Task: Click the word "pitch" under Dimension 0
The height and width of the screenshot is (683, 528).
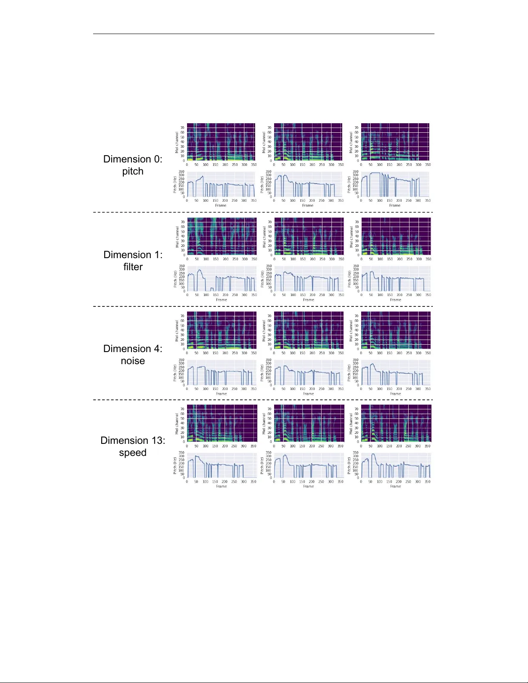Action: [133, 172]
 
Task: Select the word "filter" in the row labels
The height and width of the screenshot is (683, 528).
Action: [133, 267]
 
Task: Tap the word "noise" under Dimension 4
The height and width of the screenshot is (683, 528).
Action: [133, 361]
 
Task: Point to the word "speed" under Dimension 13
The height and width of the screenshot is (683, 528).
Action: [133, 453]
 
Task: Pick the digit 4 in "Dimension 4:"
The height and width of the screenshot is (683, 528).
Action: [156, 349]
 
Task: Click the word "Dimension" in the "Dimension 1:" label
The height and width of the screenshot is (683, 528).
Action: [127, 255]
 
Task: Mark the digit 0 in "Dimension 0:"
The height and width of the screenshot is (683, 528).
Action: [156, 159]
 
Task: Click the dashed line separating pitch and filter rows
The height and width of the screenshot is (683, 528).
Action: [263, 212]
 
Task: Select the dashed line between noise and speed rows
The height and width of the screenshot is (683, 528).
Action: [263, 400]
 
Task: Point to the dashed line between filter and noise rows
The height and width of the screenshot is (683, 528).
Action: [263, 306]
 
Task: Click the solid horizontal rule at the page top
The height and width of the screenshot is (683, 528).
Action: [263, 34]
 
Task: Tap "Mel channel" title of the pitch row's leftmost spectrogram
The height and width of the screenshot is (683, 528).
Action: [177, 143]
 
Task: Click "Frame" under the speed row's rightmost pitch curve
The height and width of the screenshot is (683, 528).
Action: [395, 487]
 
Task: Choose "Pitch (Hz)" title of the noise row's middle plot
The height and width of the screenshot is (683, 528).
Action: [262, 373]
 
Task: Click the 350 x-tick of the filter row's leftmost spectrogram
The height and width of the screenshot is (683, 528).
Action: [254, 259]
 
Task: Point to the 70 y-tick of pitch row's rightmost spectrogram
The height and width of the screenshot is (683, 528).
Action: [356, 128]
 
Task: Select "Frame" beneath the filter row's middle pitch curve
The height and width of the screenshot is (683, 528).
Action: [308, 299]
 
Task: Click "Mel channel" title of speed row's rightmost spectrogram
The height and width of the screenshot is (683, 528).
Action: [351, 423]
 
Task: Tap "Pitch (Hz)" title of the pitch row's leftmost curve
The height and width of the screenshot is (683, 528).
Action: [175, 184]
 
